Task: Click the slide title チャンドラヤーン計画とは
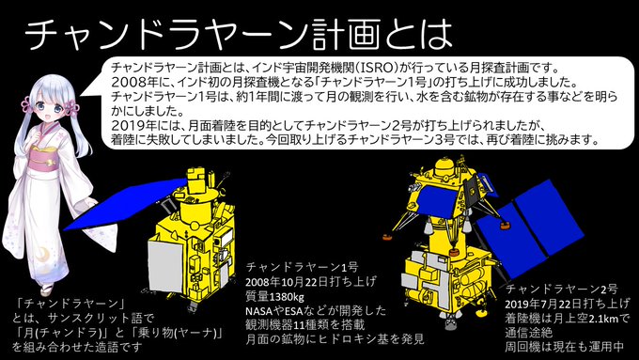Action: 239,34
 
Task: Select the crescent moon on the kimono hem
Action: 42,255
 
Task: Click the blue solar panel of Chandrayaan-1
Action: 122,203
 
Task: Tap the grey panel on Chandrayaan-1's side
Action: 165,265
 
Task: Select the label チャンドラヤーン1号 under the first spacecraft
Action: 302,267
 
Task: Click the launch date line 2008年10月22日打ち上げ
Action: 311,282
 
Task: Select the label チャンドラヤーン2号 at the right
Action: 562,290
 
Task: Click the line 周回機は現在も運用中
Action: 565,347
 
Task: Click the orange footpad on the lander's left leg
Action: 388,237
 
